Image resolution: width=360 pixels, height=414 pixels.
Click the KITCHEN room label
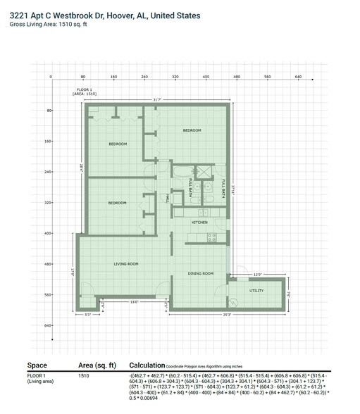199,222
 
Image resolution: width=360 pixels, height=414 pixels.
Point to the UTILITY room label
257,290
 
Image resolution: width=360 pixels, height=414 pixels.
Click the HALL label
167,200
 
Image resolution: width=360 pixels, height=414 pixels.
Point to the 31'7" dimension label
157,100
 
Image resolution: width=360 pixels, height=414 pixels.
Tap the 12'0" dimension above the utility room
257,275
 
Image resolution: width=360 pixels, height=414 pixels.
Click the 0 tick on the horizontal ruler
51,77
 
